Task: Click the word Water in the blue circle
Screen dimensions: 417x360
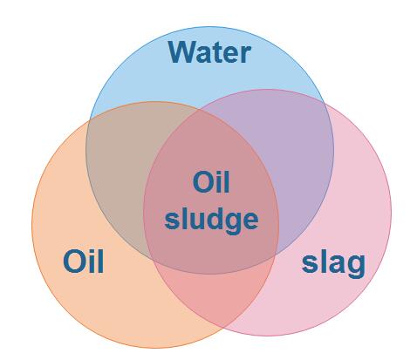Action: tap(209, 52)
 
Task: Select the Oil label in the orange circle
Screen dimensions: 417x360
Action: tap(83, 262)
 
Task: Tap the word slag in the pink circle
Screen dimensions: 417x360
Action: tap(333, 264)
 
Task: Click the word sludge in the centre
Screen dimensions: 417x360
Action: tap(211, 219)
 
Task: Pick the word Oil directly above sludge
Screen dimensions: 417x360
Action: tap(211, 182)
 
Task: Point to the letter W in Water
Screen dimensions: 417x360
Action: tap(182, 52)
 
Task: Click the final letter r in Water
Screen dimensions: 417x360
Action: tap(247, 54)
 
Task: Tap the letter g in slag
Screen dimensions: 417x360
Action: tap(356, 266)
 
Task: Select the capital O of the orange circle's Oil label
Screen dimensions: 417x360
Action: tap(73, 262)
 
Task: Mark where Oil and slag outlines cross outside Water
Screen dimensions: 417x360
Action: tap(224, 329)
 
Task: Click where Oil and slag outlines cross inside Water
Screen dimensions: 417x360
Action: tap(199, 110)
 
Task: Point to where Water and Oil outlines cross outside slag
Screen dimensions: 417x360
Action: tap(90, 120)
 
